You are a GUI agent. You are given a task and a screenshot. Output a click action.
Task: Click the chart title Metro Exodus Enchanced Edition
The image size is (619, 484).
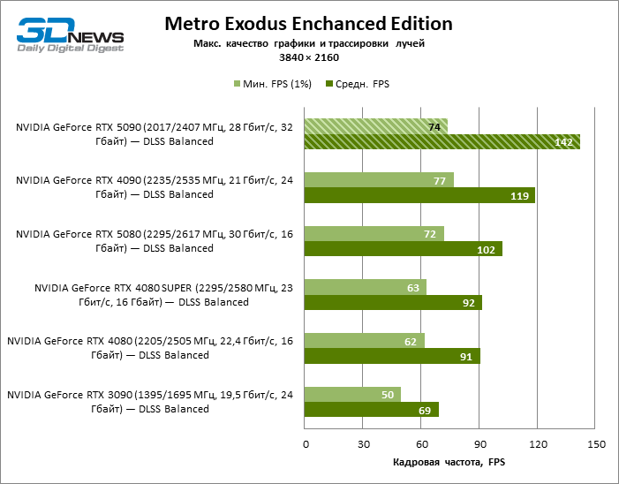point(308,24)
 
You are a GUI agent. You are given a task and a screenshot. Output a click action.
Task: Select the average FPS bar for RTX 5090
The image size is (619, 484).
point(442,142)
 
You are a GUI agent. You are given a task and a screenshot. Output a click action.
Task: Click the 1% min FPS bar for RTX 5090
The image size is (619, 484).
point(375,127)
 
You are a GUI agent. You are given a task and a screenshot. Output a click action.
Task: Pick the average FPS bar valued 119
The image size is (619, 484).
point(419,195)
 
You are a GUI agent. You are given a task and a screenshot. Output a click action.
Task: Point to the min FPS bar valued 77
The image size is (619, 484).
point(379,180)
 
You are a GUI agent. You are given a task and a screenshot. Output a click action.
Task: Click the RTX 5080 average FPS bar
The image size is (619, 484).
point(403,249)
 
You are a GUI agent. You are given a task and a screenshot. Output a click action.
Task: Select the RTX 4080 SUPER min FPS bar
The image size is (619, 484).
point(366,287)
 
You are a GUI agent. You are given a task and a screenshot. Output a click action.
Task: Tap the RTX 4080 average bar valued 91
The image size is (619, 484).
point(392,356)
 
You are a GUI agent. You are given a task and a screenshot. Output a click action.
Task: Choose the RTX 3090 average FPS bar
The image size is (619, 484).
point(371,410)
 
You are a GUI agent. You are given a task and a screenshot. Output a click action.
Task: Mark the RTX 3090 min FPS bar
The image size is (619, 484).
point(352,394)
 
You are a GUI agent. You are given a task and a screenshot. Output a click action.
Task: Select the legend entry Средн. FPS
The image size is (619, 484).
point(358,84)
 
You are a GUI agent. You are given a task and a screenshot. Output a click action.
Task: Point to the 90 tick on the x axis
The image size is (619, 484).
point(479,443)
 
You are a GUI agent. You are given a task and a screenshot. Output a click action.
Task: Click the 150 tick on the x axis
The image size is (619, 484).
point(596,443)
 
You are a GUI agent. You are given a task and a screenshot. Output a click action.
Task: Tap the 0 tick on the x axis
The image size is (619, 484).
point(305,443)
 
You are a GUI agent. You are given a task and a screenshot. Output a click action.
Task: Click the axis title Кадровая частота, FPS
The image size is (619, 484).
point(448,462)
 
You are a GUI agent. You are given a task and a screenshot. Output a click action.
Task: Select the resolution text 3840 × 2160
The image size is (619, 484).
point(308,57)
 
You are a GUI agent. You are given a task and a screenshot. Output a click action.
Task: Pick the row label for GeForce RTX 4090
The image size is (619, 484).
point(155,186)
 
